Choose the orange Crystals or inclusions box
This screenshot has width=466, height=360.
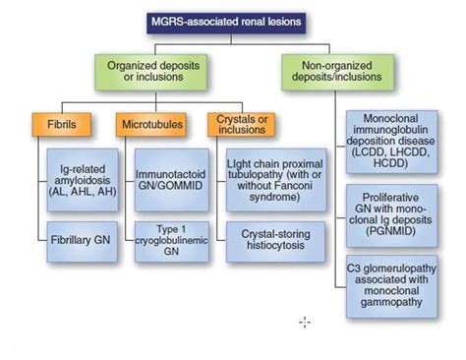pyautogui.click(x=239, y=125)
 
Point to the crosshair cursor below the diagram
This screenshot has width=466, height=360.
pyautogui.click(x=305, y=322)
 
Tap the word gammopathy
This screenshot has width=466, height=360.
pyautogui.click(x=400, y=304)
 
